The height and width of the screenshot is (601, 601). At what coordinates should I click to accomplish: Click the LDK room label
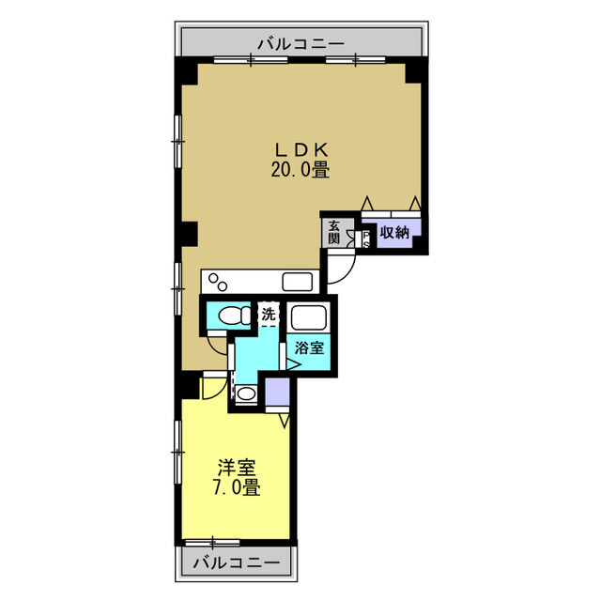click(301, 150)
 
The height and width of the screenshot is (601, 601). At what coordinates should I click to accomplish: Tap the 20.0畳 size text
click(300, 169)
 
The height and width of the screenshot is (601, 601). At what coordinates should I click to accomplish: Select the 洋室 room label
click(237, 468)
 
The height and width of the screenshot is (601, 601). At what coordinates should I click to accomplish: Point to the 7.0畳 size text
click(237, 487)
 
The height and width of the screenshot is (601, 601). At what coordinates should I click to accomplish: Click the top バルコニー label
click(300, 44)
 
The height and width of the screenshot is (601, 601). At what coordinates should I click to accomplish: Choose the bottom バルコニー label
click(237, 562)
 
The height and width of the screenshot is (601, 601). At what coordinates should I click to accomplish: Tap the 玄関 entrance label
click(334, 232)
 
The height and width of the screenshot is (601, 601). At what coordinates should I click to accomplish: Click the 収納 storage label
click(394, 232)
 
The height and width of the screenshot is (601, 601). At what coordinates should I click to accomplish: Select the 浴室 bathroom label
click(309, 347)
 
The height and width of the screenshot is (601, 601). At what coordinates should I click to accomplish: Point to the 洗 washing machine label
click(269, 315)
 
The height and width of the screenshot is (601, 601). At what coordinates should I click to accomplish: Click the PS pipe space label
click(366, 239)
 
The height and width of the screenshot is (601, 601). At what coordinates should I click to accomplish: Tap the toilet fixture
click(234, 316)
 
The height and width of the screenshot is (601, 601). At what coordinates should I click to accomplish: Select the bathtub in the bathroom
click(309, 316)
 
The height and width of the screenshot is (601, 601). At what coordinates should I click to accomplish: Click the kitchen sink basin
click(298, 282)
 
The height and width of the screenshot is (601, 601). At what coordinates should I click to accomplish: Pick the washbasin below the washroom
click(246, 393)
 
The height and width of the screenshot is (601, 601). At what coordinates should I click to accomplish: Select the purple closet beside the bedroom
click(278, 392)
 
